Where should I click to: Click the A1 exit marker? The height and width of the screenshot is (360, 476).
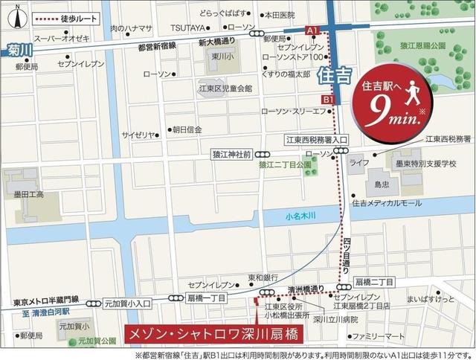312,30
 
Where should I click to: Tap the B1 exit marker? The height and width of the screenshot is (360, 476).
328,99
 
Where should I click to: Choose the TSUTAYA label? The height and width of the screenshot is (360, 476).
187,28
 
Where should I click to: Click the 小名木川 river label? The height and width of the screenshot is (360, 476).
300,216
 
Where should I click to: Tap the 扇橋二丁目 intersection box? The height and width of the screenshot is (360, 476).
375,283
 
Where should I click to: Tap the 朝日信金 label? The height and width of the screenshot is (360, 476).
188,129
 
